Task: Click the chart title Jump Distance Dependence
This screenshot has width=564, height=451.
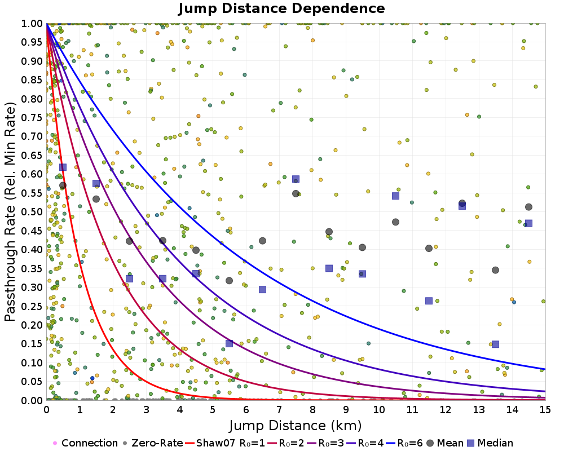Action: [281, 8]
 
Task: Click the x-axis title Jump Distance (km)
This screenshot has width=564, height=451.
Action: [296, 425]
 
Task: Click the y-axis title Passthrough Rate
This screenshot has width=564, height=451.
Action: [11, 211]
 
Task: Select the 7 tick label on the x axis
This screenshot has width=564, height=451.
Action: [279, 410]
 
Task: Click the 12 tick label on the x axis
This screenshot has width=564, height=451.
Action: [446, 410]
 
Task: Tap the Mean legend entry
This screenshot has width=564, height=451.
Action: [444, 443]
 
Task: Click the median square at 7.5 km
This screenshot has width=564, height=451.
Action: [296, 179]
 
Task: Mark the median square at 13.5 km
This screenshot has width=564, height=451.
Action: [495, 344]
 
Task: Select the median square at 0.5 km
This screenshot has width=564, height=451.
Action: [63, 167]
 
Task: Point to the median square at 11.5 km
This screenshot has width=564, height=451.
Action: [429, 301]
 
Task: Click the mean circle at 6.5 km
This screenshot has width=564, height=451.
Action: [262, 241]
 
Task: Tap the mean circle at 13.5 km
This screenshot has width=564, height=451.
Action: [495, 270]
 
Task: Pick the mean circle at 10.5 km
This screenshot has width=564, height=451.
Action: [395, 222]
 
